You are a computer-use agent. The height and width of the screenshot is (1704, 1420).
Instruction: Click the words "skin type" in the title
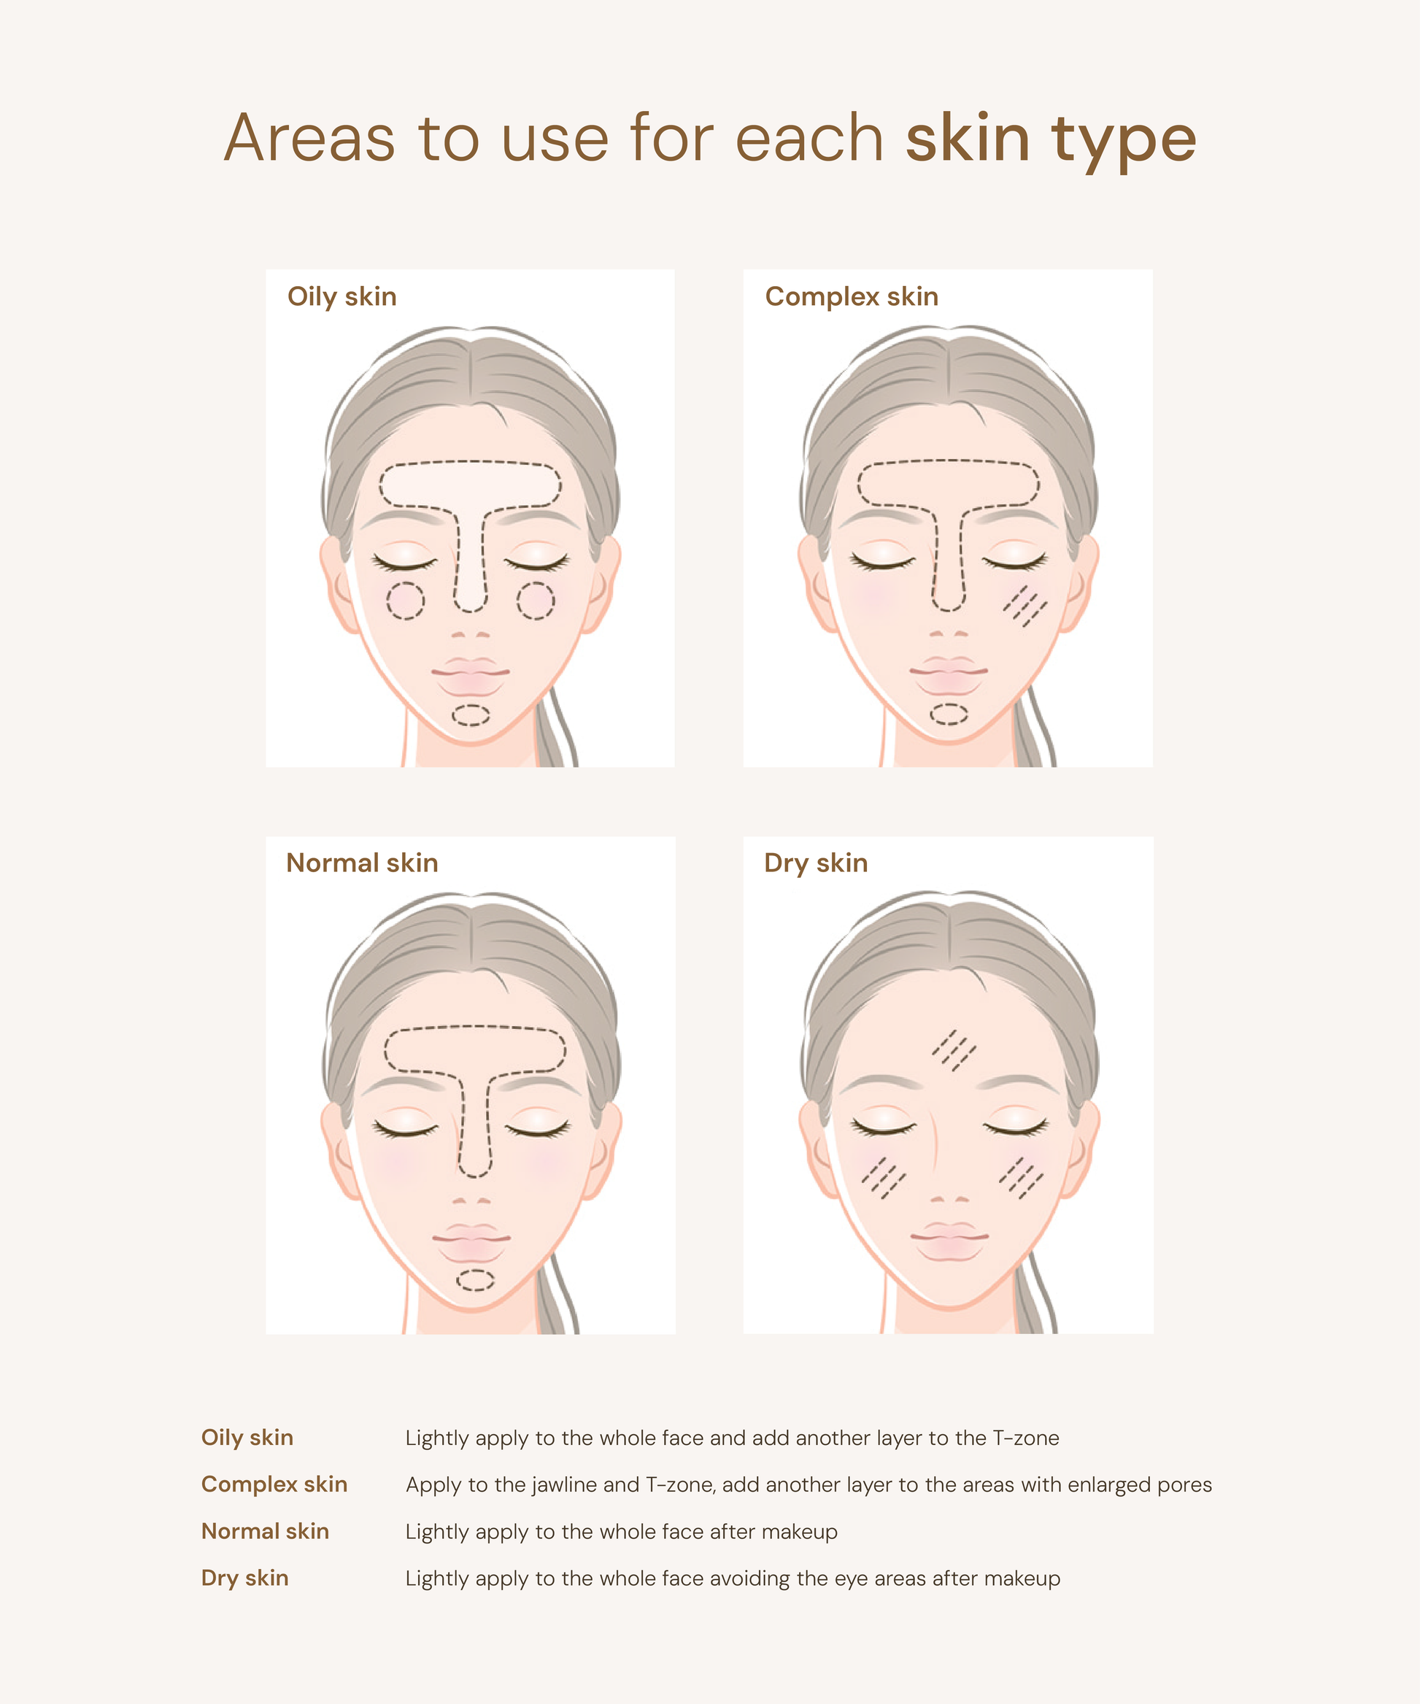(x=1051, y=139)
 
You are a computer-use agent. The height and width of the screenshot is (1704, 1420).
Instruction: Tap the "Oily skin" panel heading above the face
(x=342, y=297)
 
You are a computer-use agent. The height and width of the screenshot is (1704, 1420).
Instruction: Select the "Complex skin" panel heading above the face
(x=851, y=297)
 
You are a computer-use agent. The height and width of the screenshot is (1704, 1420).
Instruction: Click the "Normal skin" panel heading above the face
(x=362, y=863)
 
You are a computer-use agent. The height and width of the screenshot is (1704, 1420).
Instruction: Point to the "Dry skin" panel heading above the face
(x=816, y=863)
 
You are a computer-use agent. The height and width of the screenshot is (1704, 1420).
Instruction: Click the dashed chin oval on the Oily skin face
(x=471, y=715)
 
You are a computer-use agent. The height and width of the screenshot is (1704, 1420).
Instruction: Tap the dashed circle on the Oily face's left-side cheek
(x=405, y=601)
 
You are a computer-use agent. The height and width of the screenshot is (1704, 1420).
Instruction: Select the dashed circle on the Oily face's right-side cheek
(x=536, y=601)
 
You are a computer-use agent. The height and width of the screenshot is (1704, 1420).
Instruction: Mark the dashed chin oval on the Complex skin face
(x=949, y=714)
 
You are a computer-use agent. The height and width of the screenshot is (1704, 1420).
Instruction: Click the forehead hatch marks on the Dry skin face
(x=954, y=1051)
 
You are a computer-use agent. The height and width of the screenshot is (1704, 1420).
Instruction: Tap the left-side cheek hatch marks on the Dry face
(x=884, y=1178)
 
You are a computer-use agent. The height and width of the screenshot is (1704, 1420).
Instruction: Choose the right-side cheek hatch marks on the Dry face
(x=1022, y=1178)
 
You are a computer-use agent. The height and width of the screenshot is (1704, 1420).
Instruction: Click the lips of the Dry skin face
(x=949, y=1241)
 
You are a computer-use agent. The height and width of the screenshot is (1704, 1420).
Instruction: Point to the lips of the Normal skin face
(x=471, y=1243)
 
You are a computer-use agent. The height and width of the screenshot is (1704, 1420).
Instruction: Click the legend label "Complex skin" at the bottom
(x=274, y=1484)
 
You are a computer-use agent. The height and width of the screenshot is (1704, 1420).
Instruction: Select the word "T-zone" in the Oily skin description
(x=1026, y=1438)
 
